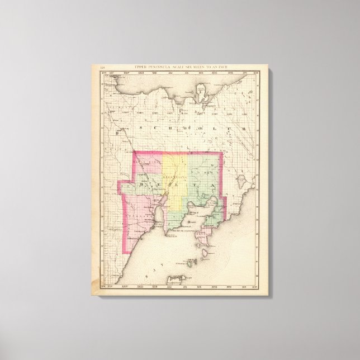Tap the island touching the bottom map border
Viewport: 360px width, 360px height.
point(177,278)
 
